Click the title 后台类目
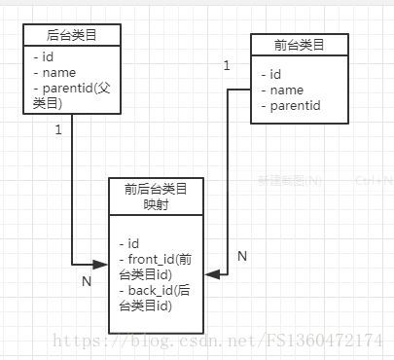pos(72,35)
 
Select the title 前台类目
pos(300,45)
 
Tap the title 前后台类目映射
pos(156,195)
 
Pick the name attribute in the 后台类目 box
pos(54,72)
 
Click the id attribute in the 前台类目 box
pos(275,74)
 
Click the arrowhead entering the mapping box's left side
pos(101,264)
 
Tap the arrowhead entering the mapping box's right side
pos(210,275)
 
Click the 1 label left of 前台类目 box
pos(227,65)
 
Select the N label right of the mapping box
pos(241,255)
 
